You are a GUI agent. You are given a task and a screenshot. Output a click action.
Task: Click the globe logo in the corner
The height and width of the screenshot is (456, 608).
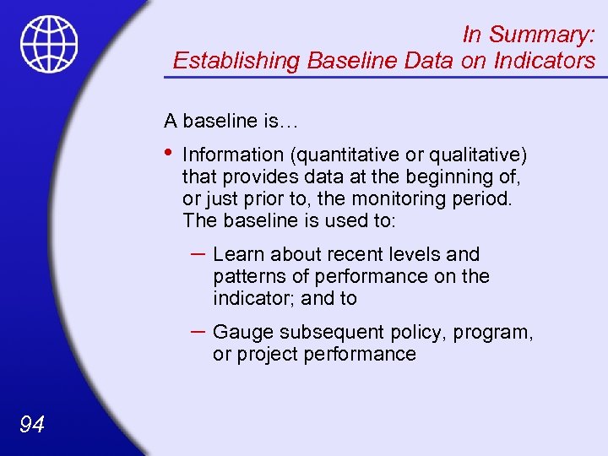click(49, 44)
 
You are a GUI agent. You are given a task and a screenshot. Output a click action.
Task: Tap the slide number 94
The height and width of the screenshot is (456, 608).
click(31, 425)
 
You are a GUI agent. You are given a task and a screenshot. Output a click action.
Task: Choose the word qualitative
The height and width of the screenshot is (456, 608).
click(478, 155)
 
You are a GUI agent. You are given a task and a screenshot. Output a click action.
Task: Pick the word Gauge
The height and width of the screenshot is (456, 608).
click(241, 332)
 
